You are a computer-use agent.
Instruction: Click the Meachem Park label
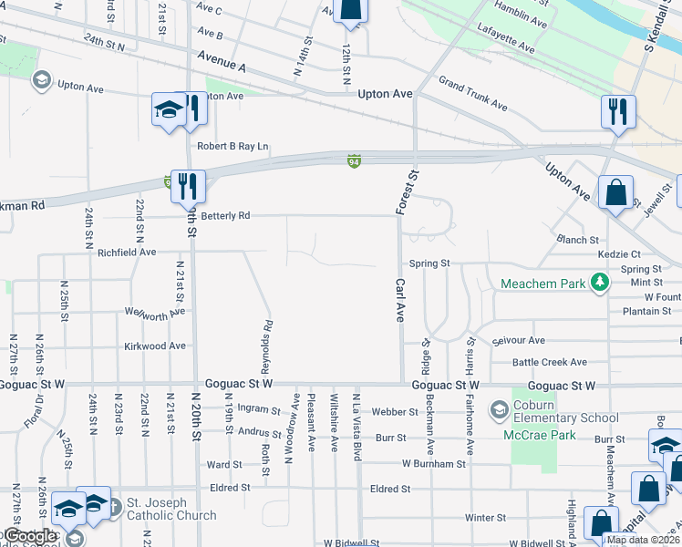coord(542,284)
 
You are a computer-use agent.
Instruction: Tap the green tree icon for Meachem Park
coord(599,284)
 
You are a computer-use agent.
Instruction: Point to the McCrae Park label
coord(540,435)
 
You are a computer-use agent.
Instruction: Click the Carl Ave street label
coord(398,302)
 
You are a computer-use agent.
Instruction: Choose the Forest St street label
coord(412,191)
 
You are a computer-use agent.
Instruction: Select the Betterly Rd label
coord(225,216)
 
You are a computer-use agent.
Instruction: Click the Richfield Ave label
coord(127,252)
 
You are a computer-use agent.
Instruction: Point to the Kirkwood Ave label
coord(155,346)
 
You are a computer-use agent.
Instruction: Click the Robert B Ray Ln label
coord(233,146)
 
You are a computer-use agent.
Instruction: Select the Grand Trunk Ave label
coord(472,94)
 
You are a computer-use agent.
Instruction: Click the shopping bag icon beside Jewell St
coord(615,193)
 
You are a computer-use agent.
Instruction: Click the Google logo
coord(30,536)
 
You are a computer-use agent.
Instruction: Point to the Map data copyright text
coord(643,540)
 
